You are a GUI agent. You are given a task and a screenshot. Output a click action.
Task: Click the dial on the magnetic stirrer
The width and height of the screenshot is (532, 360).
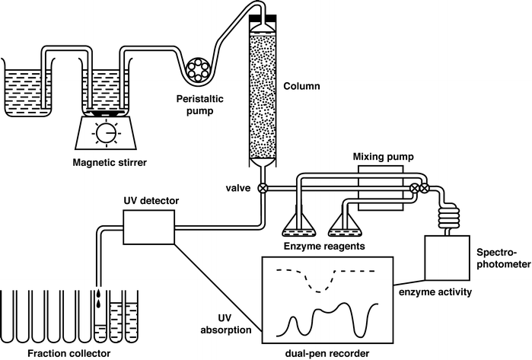[104, 134]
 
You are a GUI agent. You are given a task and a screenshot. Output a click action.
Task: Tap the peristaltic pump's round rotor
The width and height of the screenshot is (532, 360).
[200, 71]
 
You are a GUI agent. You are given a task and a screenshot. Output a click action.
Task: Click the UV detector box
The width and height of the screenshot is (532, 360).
[149, 228]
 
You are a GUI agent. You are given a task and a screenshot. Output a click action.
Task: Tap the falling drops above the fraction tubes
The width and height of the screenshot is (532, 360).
[99, 298]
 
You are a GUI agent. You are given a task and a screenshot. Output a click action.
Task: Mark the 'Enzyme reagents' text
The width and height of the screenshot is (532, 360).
[320, 247]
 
